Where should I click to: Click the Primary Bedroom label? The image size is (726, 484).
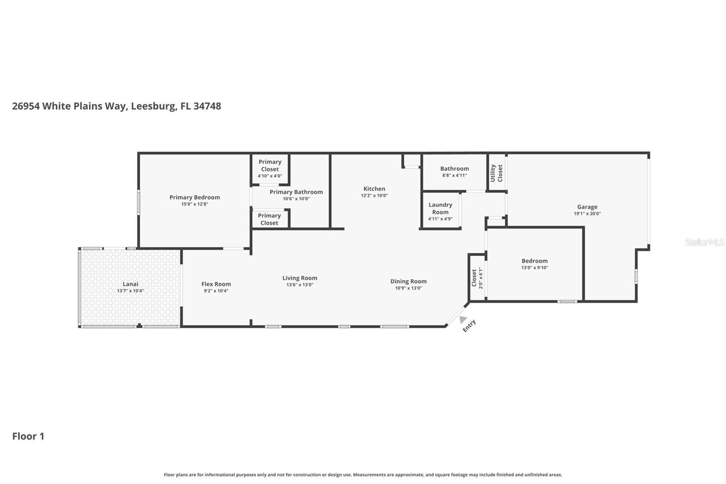(x=195, y=197)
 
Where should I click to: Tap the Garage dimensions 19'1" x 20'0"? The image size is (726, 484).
(x=587, y=214)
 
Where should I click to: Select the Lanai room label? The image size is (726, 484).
(x=130, y=284)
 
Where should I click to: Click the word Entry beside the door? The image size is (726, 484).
(x=469, y=326)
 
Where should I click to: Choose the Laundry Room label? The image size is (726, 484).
(x=440, y=208)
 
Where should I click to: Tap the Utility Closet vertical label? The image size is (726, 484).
(x=496, y=173)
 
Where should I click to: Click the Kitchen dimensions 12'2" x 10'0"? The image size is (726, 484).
(x=374, y=196)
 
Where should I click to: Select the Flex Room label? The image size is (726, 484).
(x=216, y=284)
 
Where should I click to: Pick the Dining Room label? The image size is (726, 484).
(x=408, y=281)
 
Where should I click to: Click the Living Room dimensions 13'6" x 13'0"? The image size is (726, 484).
(x=299, y=285)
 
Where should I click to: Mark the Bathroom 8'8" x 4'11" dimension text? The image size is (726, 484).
(x=454, y=175)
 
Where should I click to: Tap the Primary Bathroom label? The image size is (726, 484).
(x=296, y=192)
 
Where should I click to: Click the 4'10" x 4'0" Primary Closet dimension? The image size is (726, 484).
(x=270, y=176)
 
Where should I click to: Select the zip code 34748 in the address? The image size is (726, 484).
(x=207, y=106)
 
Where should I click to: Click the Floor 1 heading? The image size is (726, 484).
(x=28, y=436)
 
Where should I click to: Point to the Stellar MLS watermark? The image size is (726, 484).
(x=704, y=242)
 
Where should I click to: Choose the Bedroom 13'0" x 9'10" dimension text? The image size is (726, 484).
(x=535, y=268)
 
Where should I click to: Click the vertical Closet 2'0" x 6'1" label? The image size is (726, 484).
(x=477, y=277)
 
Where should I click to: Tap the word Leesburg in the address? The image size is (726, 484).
(x=153, y=106)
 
